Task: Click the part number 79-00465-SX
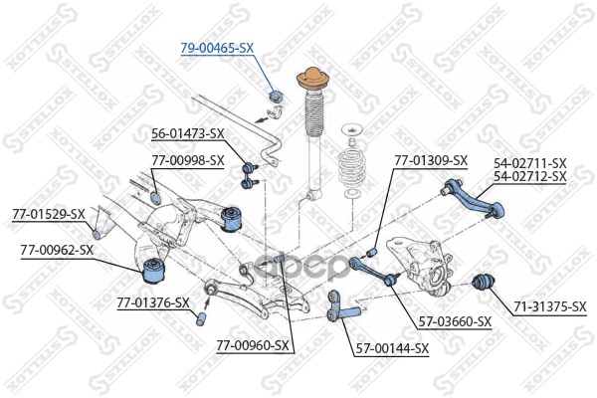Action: pyautogui.click(x=217, y=48)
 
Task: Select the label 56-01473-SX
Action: pyautogui.click(x=188, y=133)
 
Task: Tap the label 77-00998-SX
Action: pyautogui.click(x=188, y=159)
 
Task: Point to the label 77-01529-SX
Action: pyautogui.click(x=48, y=213)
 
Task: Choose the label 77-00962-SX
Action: pyautogui.click(x=57, y=250)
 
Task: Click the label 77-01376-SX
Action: pyautogui.click(x=152, y=302)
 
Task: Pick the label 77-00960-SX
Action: pyautogui.click(x=252, y=346)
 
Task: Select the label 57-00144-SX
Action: pyautogui.click(x=391, y=348)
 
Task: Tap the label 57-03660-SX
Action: pyautogui.click(x=455, y=321)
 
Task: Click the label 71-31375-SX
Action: pyautogui.click(x=549, y=307)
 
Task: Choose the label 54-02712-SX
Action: pyautogui.click(x=529, y=176)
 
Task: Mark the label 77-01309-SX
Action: pyautogui.click(x=430, y=160)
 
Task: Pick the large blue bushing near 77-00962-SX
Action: pyautogui.click(x=154, y=268)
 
